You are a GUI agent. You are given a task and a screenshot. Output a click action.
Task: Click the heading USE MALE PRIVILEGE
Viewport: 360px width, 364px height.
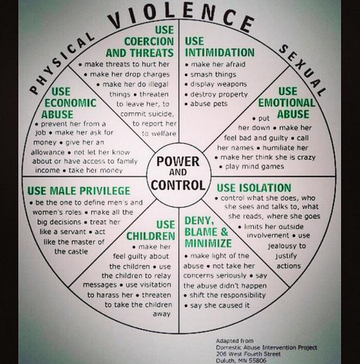click(x=79, y=190)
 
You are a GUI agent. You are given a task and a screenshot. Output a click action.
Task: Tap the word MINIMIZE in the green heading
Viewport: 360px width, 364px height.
click(x=207, y=244)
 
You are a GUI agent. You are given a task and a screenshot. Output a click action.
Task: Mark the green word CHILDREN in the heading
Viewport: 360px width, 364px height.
click(x=149, y=237)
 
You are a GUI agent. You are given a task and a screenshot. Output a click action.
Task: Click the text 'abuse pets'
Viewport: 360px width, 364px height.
click(x=209, y=104)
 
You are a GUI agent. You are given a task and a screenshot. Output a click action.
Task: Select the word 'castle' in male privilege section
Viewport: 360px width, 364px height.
click(x=69, y=251)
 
